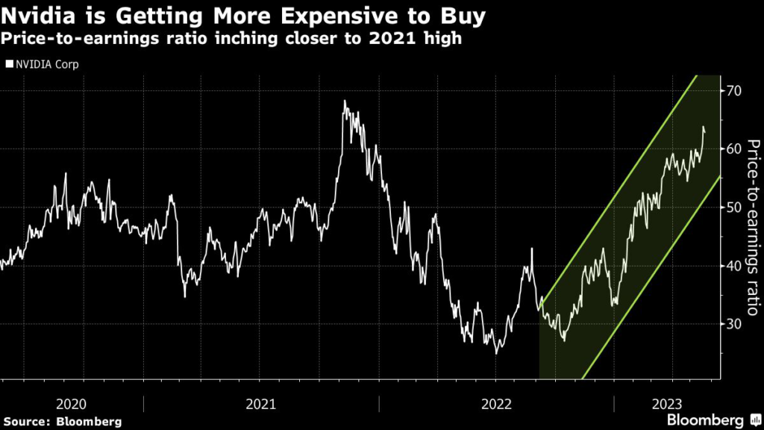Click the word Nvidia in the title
40,15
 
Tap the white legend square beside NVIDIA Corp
9,64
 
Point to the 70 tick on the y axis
736,91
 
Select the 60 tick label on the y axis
736,149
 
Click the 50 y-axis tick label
736,208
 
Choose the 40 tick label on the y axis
736,266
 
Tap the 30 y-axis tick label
736,324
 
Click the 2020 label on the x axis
72,404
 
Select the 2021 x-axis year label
260,404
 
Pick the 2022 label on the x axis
496,404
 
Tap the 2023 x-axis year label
666,404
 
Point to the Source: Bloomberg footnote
63,422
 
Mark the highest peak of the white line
344,100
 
